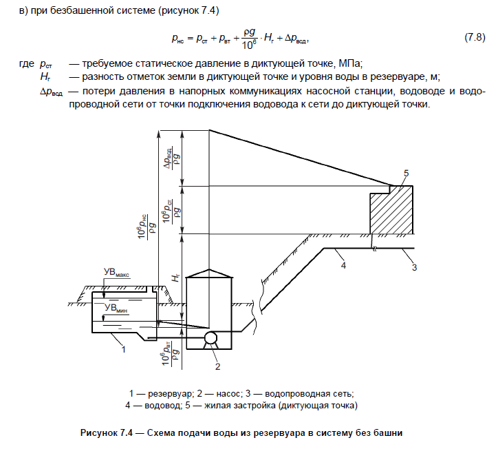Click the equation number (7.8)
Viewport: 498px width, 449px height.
coord(475,36)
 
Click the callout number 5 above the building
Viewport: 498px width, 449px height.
coord(407,172)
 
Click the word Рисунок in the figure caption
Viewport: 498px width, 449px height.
coord(100,432)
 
